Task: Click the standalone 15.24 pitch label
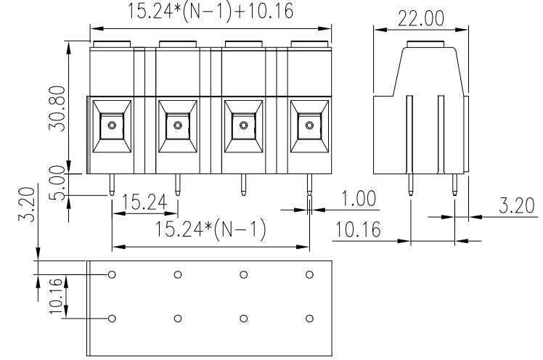144,202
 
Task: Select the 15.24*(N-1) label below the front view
210,230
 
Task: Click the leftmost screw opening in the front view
111,126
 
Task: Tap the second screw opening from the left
177,126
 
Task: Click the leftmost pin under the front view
111,185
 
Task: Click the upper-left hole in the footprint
113,274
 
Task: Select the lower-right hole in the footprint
310,319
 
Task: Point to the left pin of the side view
409,185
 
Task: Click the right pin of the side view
454,185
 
